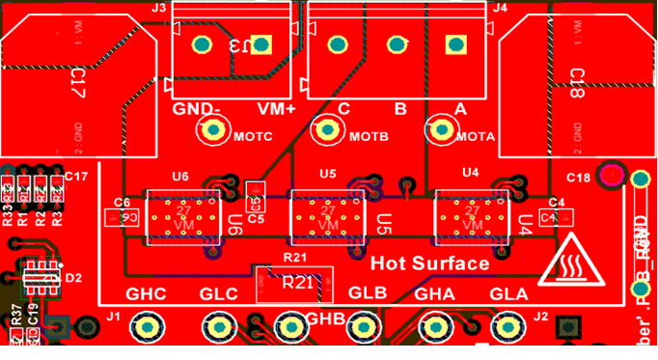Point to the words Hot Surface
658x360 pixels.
(429, 263)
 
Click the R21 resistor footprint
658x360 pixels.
(293, 281)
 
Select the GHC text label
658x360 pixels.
(147, 294)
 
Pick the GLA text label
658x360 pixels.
(509, 294)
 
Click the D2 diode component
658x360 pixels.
(42, 278)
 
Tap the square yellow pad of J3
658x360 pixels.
(260, 44)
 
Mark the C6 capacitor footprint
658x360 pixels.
(123, 217)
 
